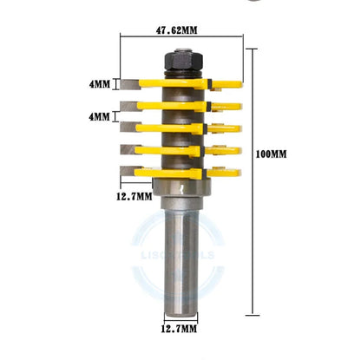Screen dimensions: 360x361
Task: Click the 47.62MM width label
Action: pos(177,29)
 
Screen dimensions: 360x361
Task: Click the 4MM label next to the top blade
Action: pos(100,85)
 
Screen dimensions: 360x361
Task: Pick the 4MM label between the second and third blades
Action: pos(100,115)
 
